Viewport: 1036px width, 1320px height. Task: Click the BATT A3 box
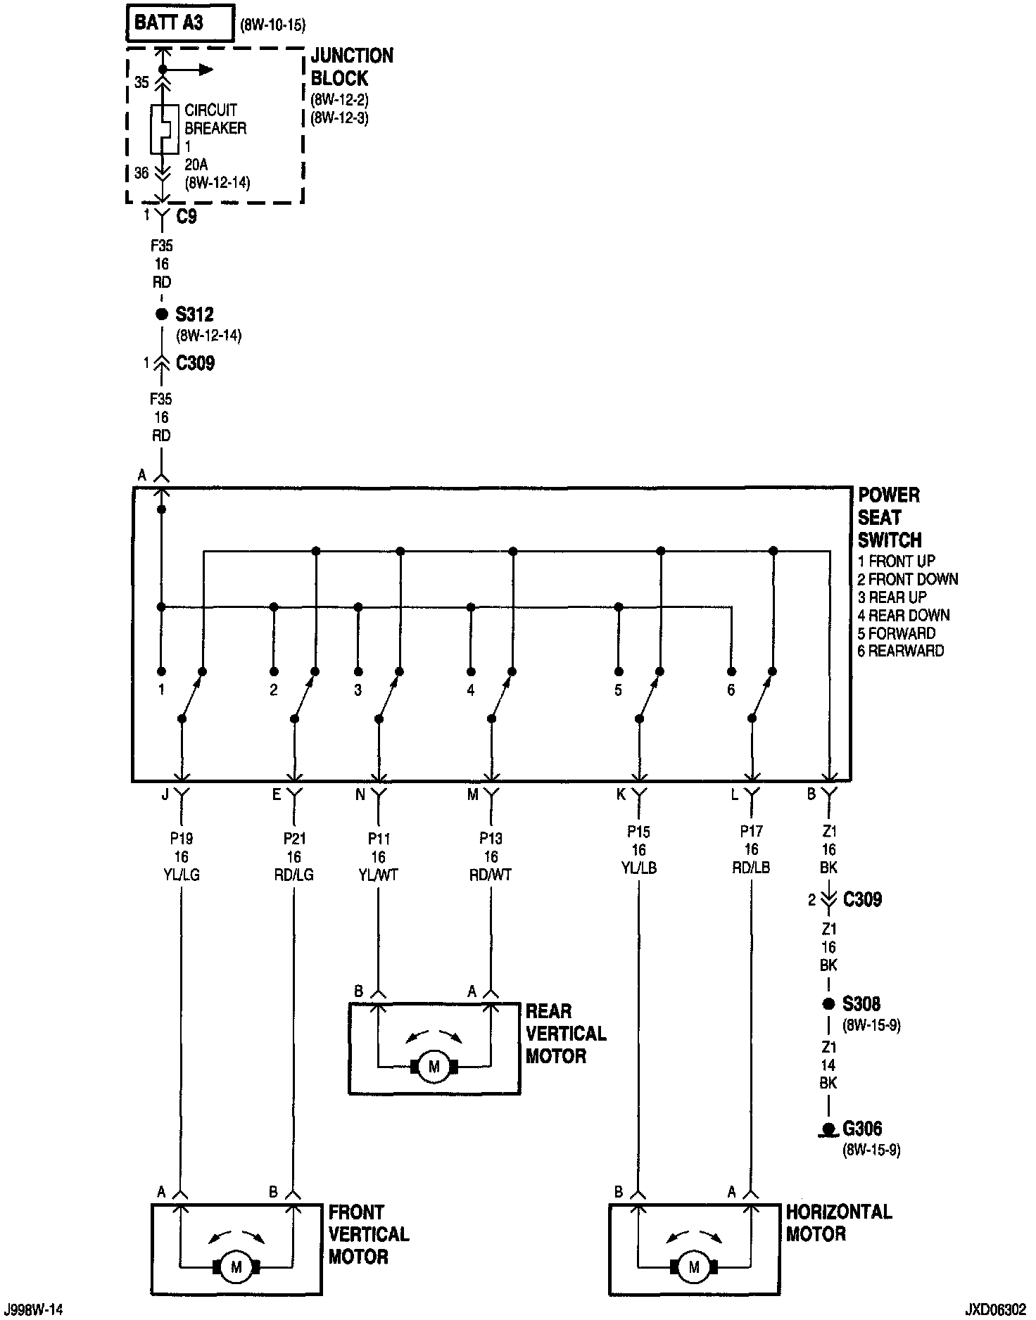point(179,23)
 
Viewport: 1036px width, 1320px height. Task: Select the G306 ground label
point(862,1129)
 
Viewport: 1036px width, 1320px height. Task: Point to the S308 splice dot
point(829,1004)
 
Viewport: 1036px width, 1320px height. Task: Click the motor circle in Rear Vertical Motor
point(434,1067)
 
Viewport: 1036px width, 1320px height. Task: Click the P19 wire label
point(182,838)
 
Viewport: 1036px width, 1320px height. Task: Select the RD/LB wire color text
point(751,868)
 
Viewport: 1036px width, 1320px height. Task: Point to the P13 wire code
point(491,838)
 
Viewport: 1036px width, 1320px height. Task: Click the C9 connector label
point(186,217)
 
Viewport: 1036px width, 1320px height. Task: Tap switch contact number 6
point(731,690)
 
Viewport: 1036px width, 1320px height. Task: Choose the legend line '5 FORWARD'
point(897,633)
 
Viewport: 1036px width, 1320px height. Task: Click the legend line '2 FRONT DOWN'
point(908,579)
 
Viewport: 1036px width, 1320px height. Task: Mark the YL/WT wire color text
point(379,875)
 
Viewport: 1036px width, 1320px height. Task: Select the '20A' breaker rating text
point(196,165)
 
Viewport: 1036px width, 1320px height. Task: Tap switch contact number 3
point(358,690)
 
